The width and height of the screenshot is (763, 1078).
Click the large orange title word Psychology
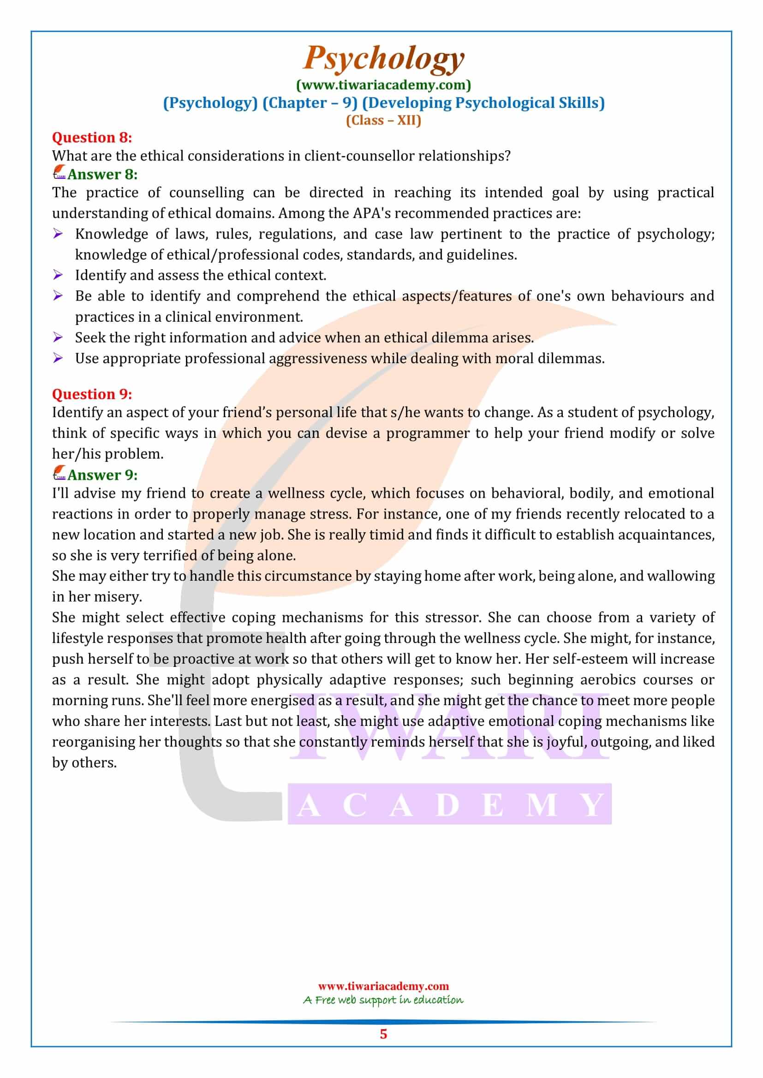coord(383,59)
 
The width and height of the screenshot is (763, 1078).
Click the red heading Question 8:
coord(92,137)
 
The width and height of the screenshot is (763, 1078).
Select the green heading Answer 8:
coord(102,174)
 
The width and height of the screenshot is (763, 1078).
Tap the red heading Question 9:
coord(92,394)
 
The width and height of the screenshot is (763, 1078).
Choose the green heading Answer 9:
coord(102,475)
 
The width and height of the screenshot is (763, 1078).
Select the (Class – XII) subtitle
coord(383,120)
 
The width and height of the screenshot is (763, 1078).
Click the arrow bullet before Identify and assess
coord(58,275)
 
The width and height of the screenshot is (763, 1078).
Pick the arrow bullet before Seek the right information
coord(58,337)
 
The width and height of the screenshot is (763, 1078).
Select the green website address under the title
coord(383,85)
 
